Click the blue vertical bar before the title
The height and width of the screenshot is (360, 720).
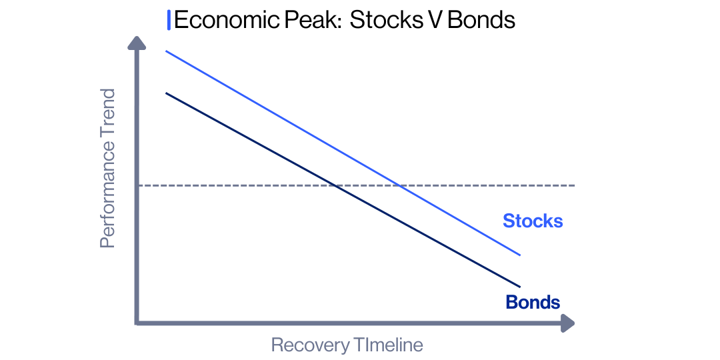coord(169,20)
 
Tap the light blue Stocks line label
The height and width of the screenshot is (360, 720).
coord(533,221)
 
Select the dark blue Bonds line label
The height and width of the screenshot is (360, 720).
coord(533,302)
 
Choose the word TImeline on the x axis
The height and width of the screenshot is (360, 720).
coord(387,345)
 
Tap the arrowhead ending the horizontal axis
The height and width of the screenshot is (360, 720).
coord(567,324)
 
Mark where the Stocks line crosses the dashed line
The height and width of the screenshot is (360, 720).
coord(399,185)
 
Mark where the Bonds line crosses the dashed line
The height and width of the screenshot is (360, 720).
coord(333,185)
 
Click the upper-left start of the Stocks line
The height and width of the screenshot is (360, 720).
coord(166,51)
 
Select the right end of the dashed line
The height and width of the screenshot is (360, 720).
coord(573,185)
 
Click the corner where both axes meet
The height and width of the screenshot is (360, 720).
coord(137,323)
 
